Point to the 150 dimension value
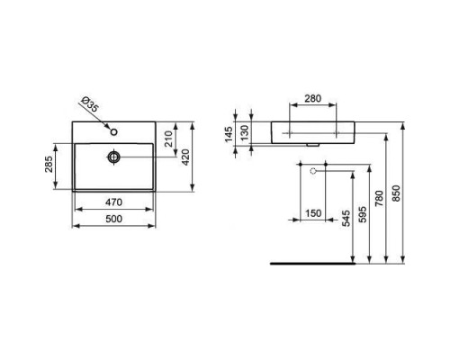[x=312, y=212]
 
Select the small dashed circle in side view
[x=313, y=169]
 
